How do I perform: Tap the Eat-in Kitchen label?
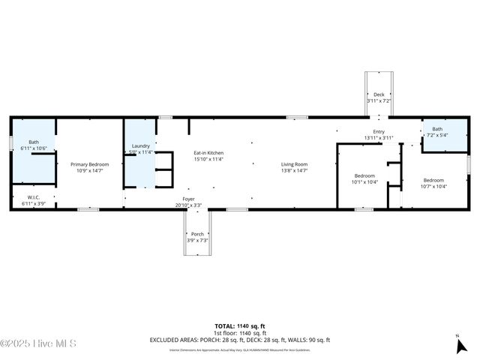click(x=208, y=153)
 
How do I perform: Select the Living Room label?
click(x=294, y=164)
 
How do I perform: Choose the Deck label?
click(x=379, y=94)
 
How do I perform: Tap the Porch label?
click(x=197, y=234)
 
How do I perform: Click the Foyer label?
click(x=188, y=199)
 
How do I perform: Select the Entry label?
click(x=379, y=131)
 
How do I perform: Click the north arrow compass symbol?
click(x=461, y=344)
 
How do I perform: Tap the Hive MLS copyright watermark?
click(x=38, y=343)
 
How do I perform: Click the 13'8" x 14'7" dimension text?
click(x=294, y=170)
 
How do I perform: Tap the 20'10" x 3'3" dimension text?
click(x=188, y=205)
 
